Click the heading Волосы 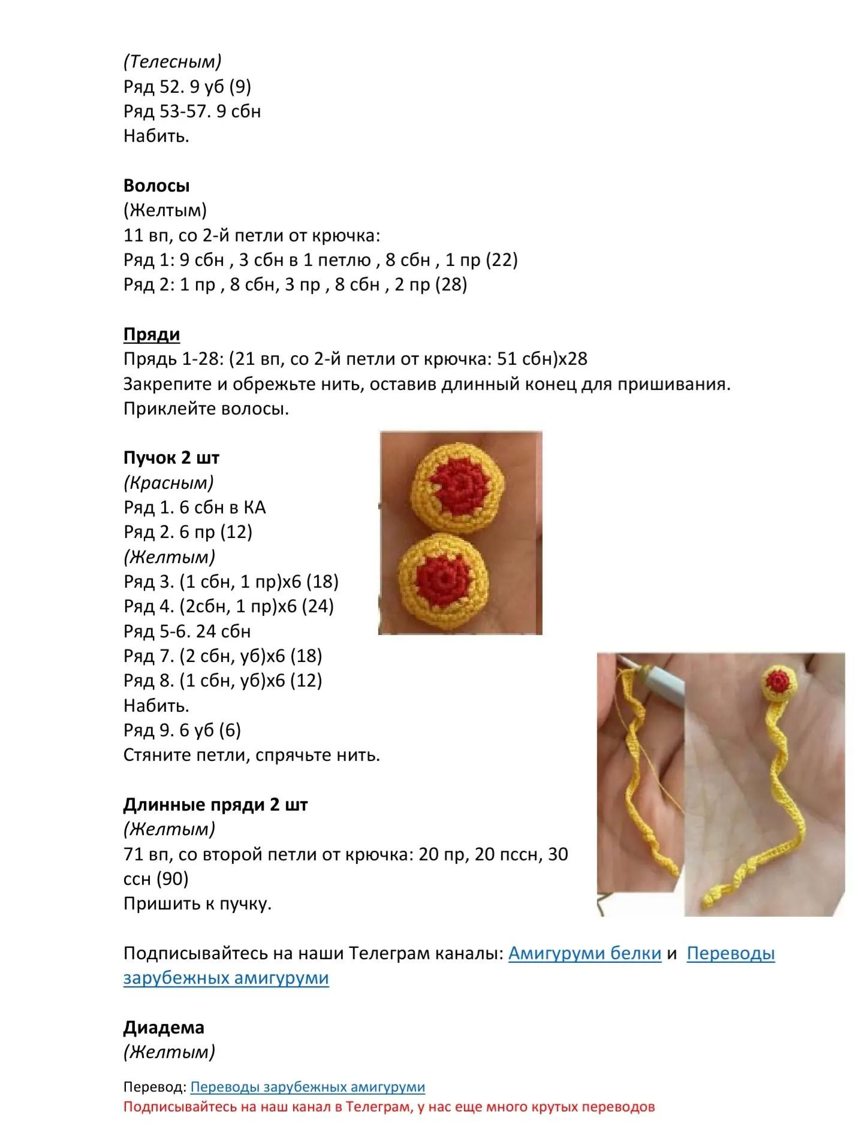[x=156, y=186]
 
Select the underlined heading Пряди [x=152, y=334]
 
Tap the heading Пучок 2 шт [x=171, y=458]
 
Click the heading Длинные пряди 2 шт [x=215, y=805]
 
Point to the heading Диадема [x=164, y=1028]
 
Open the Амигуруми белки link [x=585, y=953]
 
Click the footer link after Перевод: [x=308, y=1087]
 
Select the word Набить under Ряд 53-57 [x=156, y=136]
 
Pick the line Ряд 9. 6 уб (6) [x=182, y=730]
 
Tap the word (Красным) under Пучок [x=169, y=483]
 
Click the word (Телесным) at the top [x=173, y=62]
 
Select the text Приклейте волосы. [x=206, y=409]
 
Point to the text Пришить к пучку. [x=198, y=904]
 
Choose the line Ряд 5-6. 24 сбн [x=187, y=632]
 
